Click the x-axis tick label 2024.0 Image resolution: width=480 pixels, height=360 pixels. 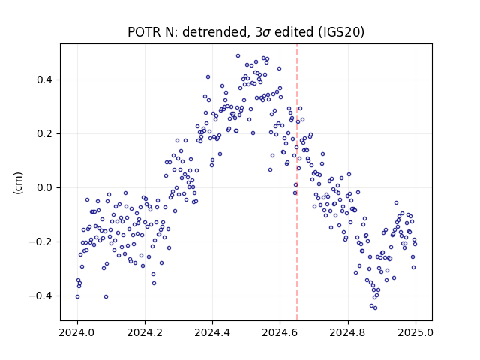(x=77, y=332)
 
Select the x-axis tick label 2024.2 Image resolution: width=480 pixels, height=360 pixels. (x=145, y=332)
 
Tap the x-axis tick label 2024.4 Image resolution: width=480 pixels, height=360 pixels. (x=212, y=332)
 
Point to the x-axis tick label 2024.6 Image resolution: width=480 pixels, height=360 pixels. (x=280, y=332)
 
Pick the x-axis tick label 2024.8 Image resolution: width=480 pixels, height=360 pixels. (x=348, y=332)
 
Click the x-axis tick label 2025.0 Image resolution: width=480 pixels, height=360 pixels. (x=415, y=332)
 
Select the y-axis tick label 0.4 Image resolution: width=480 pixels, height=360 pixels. (x=45, y=80)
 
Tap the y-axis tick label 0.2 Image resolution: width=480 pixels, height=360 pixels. (x=45, y=133)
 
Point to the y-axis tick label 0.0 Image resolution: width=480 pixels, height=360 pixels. (x=45, y=187)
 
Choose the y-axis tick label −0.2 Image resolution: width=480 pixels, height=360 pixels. (x=40, y=241)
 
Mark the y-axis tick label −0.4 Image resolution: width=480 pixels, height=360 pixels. (x=40, y=295)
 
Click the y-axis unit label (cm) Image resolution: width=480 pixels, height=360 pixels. (x=18, y=183)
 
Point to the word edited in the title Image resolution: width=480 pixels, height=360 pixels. (x=294, y=32)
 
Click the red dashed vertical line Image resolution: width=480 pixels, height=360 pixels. (x=297, y=182)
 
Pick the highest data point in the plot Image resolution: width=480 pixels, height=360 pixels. (x=238, y=56)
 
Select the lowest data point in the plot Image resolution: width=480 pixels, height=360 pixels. (x=375, y=307)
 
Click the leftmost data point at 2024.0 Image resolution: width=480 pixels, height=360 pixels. (x=77, y=297)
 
